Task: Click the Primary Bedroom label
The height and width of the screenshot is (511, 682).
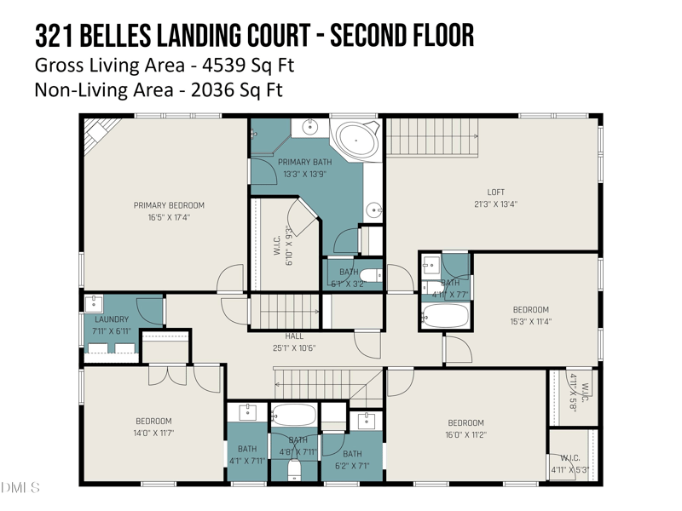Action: [169, 205]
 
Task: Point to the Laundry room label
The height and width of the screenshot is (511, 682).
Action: [111, 319]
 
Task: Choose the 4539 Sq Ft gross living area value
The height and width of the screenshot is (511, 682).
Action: [240, 65]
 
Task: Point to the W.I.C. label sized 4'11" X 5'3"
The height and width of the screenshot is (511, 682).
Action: [570, 464]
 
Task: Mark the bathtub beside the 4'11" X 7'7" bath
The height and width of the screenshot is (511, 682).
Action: [444, 317]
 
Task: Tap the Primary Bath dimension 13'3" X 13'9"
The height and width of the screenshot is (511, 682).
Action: [304, 174]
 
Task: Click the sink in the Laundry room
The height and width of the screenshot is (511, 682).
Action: [94, 303]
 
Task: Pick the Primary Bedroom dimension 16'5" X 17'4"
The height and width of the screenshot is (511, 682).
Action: [169, 217]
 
